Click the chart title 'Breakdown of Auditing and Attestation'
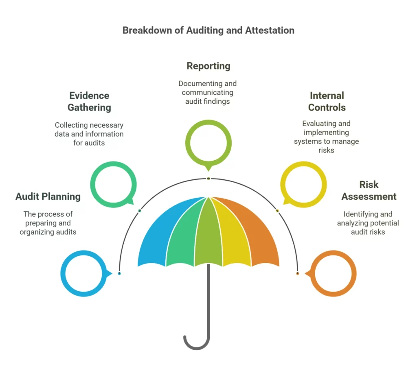[x=208, y=31]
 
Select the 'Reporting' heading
[x=208, y=66]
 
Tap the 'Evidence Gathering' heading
[x=89, y=102]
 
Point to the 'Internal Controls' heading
[x=327, y=102]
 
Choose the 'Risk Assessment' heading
[x=369, y=190]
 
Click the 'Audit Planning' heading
[x=48, y=196]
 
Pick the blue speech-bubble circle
[x=83, y=273]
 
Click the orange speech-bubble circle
[x=333, y=273]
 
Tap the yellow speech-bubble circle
[x=303, y=184]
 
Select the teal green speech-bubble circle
[x=113, y=184]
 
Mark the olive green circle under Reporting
[x=208, y=143]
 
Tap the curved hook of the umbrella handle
[x=195, y=344]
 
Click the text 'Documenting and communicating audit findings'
[x=207, y=92]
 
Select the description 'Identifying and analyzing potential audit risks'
[x=368, y=223]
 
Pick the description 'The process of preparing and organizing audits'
[x=48, y=223]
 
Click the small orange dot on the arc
[x=297, y=273]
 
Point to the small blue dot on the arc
[x=119, y=273]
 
